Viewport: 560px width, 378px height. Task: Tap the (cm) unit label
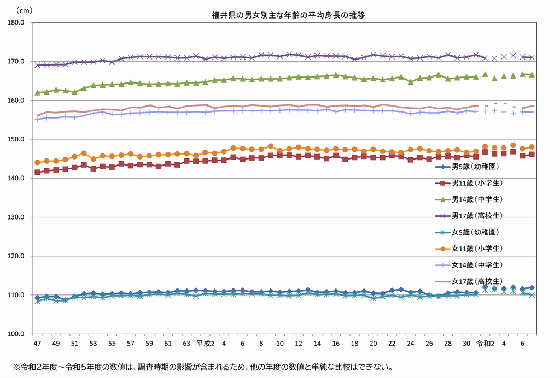[24, 10]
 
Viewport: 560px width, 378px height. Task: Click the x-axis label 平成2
[205, 343]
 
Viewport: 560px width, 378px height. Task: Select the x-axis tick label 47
[37, 343]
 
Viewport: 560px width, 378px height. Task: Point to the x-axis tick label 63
[186, 343]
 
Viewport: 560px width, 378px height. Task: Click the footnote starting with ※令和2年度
[202, 367]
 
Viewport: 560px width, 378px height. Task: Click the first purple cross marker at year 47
[37, 65]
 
